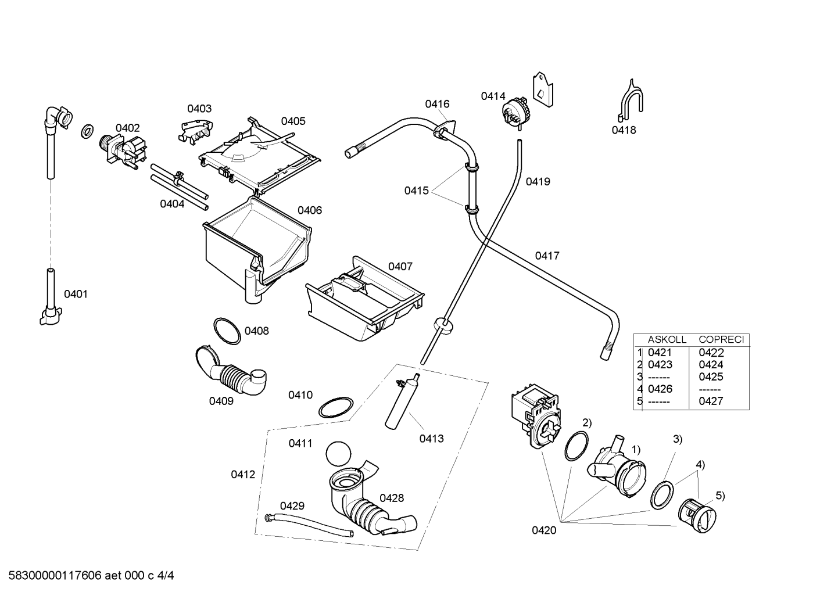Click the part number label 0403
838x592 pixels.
click(x=199, y=109)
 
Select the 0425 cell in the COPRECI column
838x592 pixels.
click(x=711, y=376)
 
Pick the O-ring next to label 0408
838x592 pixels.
click(x=227, y=331)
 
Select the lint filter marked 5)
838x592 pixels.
click(x=697, y=515)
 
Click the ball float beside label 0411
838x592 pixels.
click(x=338, y=454)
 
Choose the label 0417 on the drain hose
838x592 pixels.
click(x=547, y=256)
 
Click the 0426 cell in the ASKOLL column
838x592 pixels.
click(x=660, y=389)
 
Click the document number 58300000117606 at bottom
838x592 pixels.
click(x=55, y=576)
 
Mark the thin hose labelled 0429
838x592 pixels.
click(x=309, y=525)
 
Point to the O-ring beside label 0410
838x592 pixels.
click(x=335, y=407)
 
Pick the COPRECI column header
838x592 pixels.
click(x=722, y=339)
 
